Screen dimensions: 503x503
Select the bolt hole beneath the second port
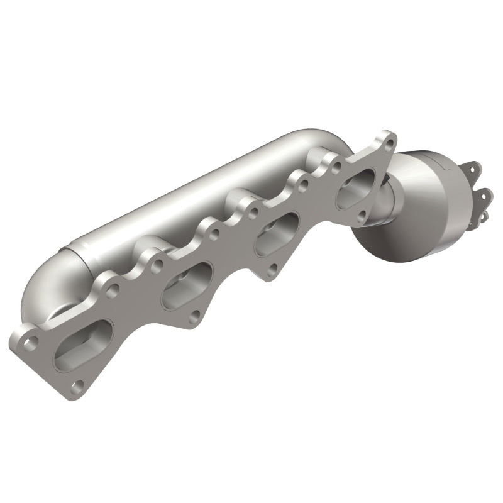point(194,316)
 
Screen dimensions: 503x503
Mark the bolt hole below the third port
point(272,268)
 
